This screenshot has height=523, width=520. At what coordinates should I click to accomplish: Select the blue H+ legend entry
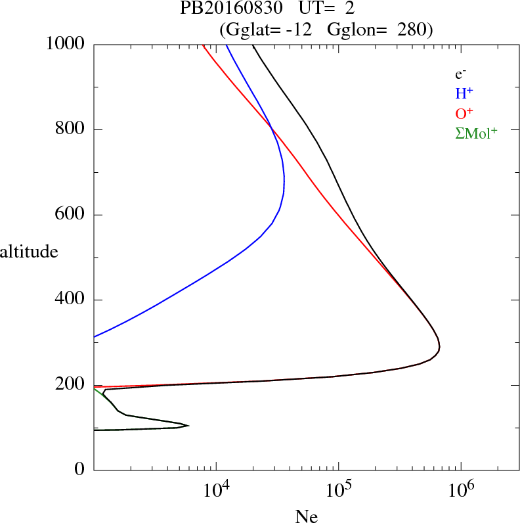tap(464, 93)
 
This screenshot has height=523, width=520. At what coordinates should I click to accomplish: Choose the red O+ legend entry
tap(464, 113)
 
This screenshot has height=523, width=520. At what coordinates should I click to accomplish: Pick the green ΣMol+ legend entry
tap(476, 133)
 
